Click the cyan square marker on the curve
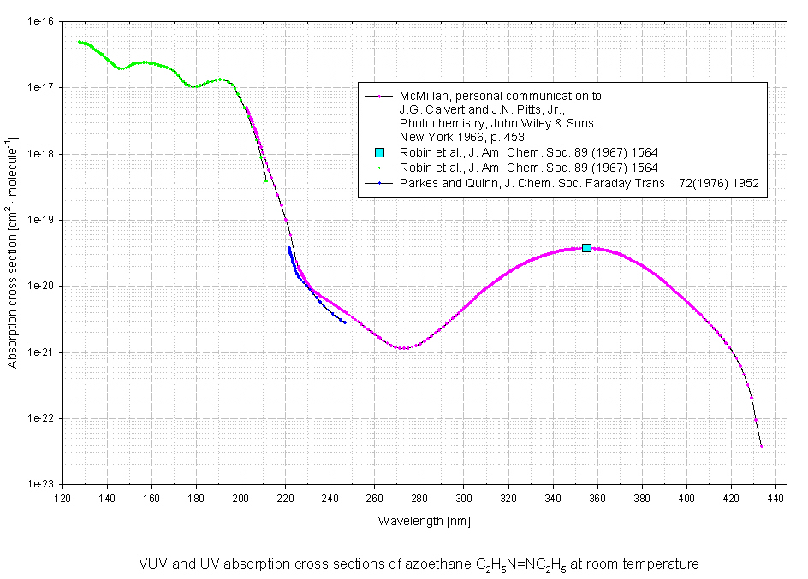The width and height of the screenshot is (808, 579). pyautogui.click(x=586, y=247)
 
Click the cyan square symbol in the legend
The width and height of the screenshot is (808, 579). pyautogui.click(x=379, y=152)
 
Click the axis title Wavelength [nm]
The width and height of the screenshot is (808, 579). pyautogui.click(x=419, y=521)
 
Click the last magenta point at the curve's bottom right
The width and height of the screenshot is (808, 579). pyautogui.click(x=761, y=446)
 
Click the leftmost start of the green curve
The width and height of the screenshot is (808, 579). pyautogui.click(x=80, y=41)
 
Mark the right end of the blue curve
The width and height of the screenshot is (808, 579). pyautogui.click(x=345, y=322)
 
